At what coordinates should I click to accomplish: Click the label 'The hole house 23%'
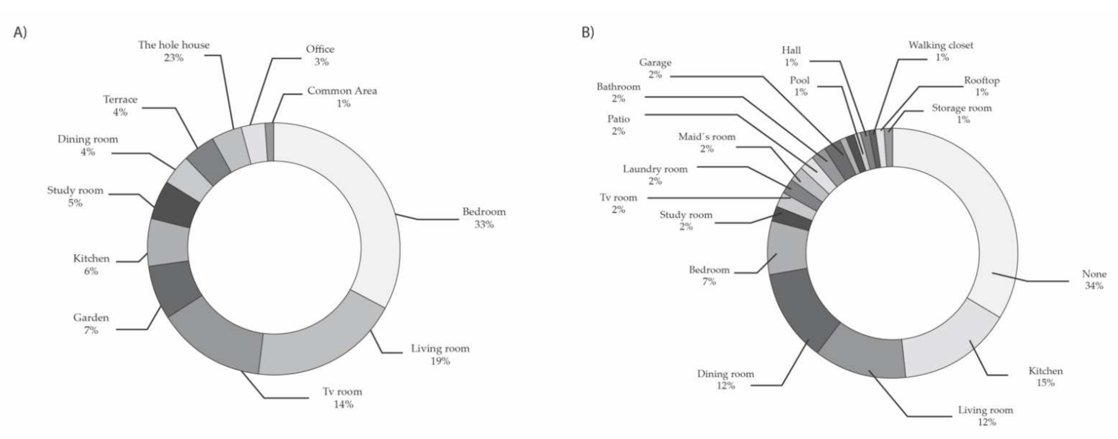(x=174, y=51)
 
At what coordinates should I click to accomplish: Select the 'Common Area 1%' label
(x=342, y=96)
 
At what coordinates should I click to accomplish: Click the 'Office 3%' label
(x=320, y=55)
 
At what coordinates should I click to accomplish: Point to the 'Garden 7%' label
(x=91, y=323)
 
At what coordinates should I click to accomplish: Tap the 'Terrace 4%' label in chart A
(x=120, y=106)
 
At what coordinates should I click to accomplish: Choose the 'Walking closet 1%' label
(x=941, y=51)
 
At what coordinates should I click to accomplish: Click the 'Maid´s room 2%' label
(x=707, y=142)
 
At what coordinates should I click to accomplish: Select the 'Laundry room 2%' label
(x=655, y=175)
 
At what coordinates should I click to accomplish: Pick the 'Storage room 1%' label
(x=962, y=114)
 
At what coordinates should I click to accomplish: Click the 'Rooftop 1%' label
(x=981, y=86)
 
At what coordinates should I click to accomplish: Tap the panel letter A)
(x=20, y=32)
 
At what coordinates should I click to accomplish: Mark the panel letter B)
(x=588, y=32)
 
